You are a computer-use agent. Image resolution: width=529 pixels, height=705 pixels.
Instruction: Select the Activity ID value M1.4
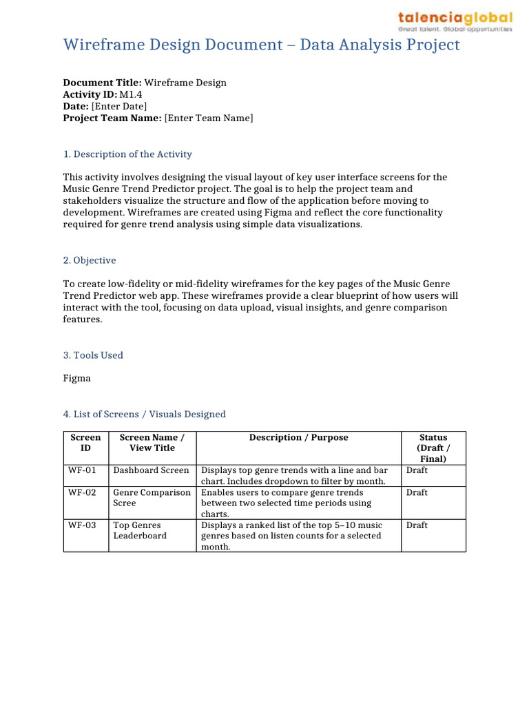(132, 94)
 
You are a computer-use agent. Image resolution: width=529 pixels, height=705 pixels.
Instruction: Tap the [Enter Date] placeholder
(119, 107)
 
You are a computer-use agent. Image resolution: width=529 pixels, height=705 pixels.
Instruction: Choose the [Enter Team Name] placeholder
(209, 118)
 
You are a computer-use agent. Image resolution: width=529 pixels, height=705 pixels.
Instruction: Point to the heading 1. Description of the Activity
(127, 154)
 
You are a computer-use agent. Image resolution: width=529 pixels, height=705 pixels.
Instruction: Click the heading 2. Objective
(90, 260)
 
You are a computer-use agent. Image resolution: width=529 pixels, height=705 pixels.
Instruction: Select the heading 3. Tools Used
(93, 355)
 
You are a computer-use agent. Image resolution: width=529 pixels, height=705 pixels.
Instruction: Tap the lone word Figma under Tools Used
(77, 378)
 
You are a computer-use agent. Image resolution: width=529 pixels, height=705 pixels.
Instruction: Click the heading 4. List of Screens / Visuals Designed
(145, 414)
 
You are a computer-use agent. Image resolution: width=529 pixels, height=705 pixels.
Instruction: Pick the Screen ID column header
(86, 443)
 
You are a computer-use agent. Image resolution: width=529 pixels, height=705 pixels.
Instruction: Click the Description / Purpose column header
(299, 438)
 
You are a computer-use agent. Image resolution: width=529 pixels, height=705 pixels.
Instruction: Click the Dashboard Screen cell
(151, 470)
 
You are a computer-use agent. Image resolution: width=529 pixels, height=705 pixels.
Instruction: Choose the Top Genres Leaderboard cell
(140, 530)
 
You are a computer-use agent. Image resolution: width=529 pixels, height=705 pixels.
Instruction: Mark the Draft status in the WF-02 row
(417, 493)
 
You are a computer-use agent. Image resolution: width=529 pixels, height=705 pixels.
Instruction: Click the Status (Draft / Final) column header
(433, 448)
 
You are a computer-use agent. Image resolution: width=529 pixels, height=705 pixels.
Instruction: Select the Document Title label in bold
(102, 83)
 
